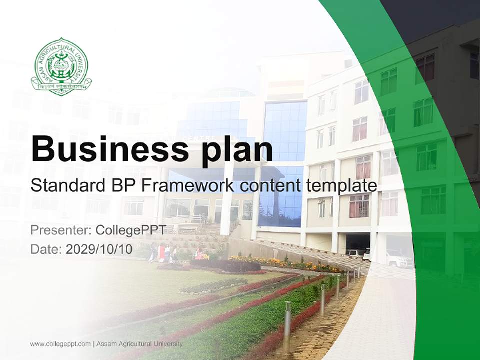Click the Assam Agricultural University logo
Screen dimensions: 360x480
tap(61, 67)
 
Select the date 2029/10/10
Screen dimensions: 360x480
tap(99, 249)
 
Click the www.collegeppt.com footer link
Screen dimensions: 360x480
tap(60, 344)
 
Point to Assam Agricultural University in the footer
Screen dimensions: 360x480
tap(140, 344)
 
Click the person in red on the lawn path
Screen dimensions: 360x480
tap(161, 253)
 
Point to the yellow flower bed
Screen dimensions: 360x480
tap(280, 263)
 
